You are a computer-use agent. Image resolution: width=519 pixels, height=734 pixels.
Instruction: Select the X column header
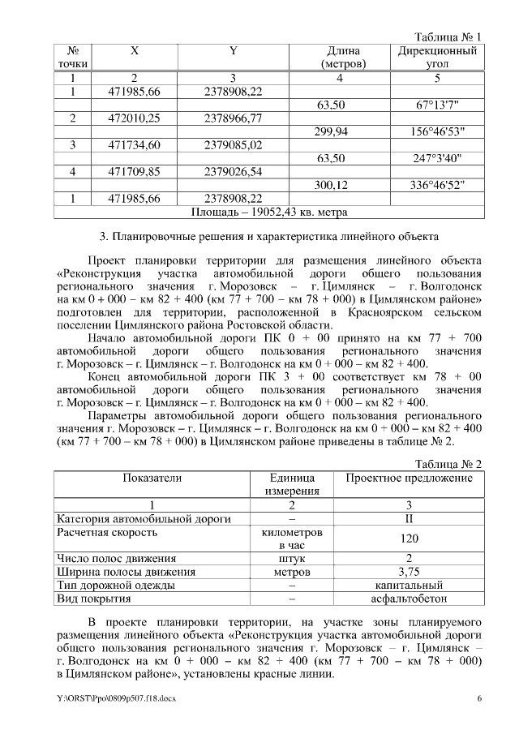tap(135, 51)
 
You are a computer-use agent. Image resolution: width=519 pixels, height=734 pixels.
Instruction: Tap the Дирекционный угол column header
tap(436, 57)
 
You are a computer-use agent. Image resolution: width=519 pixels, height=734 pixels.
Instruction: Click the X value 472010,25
tap(135, 118)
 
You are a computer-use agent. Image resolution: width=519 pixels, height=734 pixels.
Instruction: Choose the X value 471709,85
tap(135, 172)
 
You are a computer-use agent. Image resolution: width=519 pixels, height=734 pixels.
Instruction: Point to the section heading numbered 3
tap(268, 238)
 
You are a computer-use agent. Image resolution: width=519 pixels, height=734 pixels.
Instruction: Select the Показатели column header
tap(152, 479)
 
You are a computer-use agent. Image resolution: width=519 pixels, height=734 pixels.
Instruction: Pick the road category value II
tap(409, 519)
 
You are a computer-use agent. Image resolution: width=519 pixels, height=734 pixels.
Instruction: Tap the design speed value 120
tap(409, 539)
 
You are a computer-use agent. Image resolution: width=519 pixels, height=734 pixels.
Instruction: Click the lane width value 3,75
tap(409, 572)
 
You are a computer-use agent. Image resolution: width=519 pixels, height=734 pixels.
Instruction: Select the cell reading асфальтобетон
tap(409, 599)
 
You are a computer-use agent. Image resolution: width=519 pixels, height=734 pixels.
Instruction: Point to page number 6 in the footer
tap(479, 698)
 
